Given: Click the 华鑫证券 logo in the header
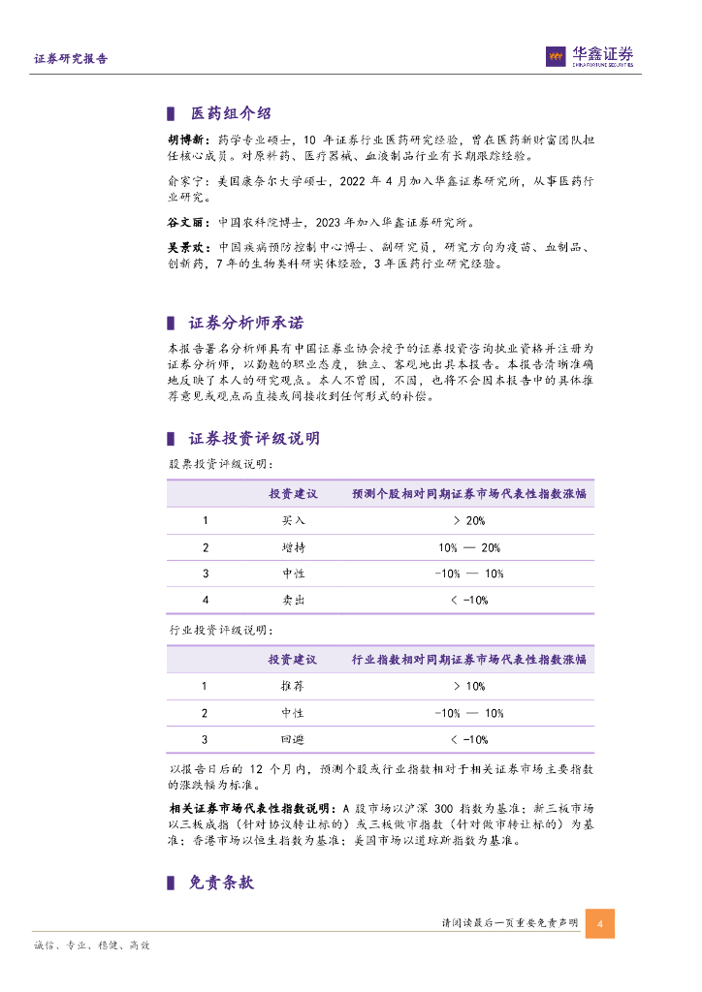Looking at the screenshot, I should tap(589, 57).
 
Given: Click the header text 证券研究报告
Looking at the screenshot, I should tap(71, 59).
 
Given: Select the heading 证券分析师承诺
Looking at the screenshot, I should tap(244, 323).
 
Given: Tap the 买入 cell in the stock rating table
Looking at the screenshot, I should tap(293, 520).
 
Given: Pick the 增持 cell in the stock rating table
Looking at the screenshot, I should tap(293, 547).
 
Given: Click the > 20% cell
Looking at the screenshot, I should tap(469, 520).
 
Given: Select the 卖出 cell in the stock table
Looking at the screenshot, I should tap(293, 601).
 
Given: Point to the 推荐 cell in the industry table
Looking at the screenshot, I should tap(292, 686).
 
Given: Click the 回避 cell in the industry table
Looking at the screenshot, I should tap(292, 740).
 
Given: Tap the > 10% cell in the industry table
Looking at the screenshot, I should tap(469, 686).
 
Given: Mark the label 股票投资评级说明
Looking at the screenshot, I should tap(207, 464).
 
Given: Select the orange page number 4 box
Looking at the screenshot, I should tap(600, 923).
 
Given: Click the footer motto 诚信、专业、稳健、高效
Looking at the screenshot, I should tap(92, 945).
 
